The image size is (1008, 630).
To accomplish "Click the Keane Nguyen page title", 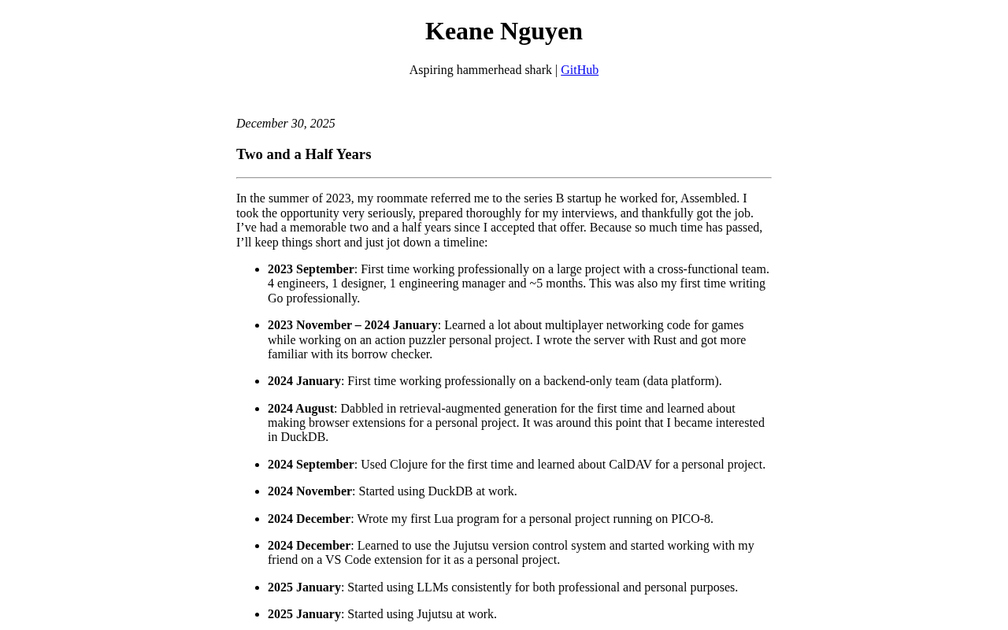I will (504, 31).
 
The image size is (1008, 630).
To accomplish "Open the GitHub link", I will (580, 70).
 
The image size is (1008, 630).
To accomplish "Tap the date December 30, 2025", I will (286, 124).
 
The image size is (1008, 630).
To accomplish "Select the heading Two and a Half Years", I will (303, 154).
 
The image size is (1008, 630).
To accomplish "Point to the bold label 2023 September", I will (311, 269).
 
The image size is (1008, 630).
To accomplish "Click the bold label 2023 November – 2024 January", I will (352, 325).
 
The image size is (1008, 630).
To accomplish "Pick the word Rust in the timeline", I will (665, 340).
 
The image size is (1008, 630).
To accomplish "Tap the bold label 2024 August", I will (301, 409).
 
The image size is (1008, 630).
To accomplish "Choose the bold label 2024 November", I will (309, 491).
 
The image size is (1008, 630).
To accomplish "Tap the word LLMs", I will (432, 587).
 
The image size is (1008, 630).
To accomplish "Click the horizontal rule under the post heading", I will (504, 178).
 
